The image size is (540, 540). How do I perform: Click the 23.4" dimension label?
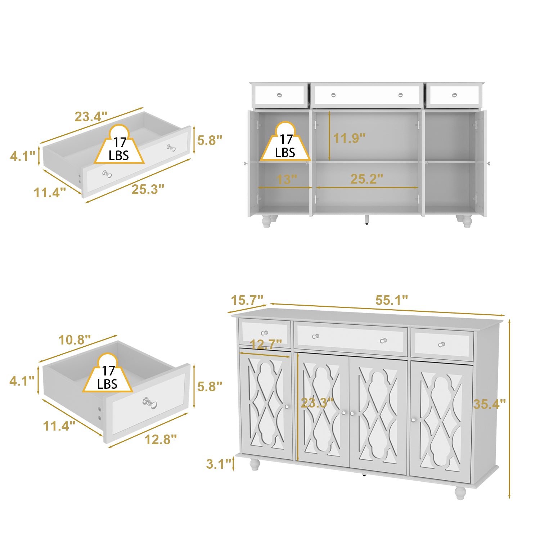click(x=91, y=117)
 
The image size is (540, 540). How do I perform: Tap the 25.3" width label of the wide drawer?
click(x=148, y=189)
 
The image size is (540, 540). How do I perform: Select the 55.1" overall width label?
click(x=392, y=300)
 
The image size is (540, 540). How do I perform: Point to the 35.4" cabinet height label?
click(x=489, y=404)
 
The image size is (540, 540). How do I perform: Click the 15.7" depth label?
click(x=247, y=300)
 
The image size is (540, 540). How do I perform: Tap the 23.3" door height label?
click(x=317, y=403)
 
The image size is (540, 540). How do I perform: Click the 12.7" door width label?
click(x=266, y=345)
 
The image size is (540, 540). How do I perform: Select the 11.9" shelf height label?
click(x=349, y=138)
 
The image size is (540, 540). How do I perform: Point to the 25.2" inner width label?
click(x=366, y=179)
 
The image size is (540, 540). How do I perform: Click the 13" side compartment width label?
click(x=287, y=179)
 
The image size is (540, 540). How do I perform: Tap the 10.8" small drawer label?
click(x=75, y=339)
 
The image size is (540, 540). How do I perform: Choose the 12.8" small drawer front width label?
click(x=161, y=439)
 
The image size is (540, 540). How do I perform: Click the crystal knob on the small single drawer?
click(x=150, y=403)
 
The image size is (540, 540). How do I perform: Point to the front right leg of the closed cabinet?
click(x=460, y=492)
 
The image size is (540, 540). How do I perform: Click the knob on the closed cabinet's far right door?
click(x=414, y=420)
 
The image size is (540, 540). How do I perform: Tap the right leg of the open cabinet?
click(x=466, y=221)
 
